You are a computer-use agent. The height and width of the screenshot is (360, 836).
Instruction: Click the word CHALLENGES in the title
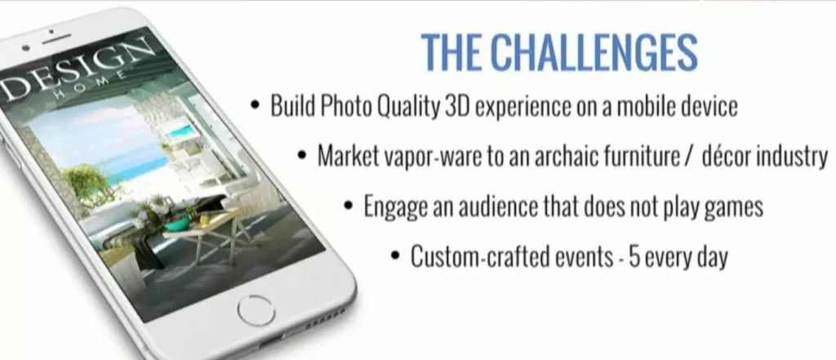tap(594, 53)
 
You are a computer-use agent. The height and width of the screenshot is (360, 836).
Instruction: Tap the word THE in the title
tap(451, 53)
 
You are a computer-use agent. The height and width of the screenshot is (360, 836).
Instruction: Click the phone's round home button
tap(256, 310)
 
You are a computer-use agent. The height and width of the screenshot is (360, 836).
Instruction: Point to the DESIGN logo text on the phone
tap(74, 67)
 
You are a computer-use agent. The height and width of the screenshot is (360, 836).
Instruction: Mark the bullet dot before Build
tap(256, 105)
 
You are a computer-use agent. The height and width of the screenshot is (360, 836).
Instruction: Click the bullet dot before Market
tap(303, 157)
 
